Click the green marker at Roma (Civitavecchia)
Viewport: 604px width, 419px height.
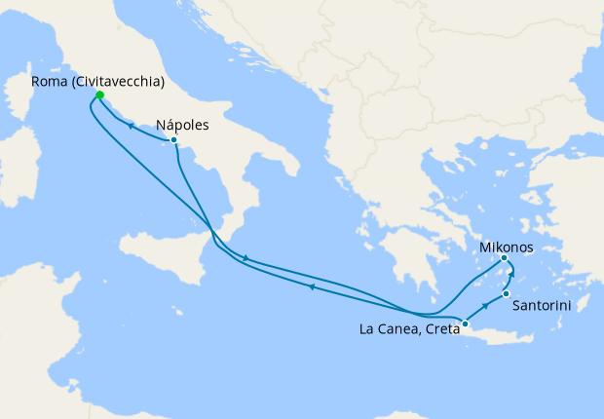(x=98, y=95)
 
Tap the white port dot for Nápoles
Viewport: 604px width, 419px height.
(x=173, y=140)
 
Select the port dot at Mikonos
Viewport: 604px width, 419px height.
(x=504, y=258)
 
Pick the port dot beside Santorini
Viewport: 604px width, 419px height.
(x=506, y=293)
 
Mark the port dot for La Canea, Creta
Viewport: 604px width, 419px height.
(x=465, y=324)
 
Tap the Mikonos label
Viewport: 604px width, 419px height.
(x=507, y=248)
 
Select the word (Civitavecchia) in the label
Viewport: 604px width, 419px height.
(x=118, y=82)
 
